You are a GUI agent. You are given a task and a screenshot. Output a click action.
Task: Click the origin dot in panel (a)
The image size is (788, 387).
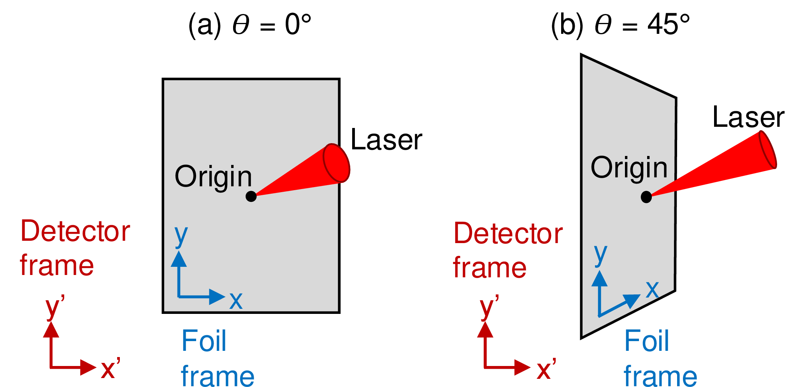pyautogui.click(x=251, y=196)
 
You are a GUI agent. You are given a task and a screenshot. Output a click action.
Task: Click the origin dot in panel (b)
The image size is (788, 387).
pyautogui.click(x=646, y=197)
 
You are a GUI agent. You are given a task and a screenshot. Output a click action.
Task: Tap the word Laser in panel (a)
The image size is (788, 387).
pyautogui.click(x=386, y=140)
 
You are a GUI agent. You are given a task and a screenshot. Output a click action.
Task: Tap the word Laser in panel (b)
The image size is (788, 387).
pyautogui.click(x=748, y=117)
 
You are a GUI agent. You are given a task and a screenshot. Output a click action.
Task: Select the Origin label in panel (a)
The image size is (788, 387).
pyautogui.click(x=213, y=177)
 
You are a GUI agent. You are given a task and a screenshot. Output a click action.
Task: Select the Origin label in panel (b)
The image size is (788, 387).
pyautogui.click(x=629, y=168)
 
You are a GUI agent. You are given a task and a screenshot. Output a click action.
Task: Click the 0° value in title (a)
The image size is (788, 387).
pyautogui.click(x=298, y=25)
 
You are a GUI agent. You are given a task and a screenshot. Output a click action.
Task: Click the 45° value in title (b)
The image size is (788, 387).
pyautogui.click(x=669, y=25)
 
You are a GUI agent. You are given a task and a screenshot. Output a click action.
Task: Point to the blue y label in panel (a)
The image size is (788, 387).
pyautogui.click(x=181, y=236)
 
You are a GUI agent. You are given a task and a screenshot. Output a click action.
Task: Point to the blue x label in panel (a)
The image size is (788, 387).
pyautogui.click(x=236, y=301)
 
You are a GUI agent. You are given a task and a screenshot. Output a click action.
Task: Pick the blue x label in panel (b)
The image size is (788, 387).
pyautogui.click(x=652, y=290)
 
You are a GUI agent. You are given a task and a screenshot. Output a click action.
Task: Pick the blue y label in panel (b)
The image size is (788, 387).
pyautogui.click(x=600, y=255)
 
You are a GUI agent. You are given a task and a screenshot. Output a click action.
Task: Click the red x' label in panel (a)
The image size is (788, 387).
pyautogui.click(x=110, y=369)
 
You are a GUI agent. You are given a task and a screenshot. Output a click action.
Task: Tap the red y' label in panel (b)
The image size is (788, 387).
pyautogui.click(x=488, y=308)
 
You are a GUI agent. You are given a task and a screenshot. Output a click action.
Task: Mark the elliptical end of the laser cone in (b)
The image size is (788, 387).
pyautogui.click(x=767, y=150)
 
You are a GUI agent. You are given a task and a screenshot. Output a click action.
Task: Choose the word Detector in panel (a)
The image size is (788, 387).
pyautogui.click(x=75, y=231)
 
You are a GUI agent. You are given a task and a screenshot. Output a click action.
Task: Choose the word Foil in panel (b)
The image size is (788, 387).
pyautogui.click(x=646, y=341)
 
